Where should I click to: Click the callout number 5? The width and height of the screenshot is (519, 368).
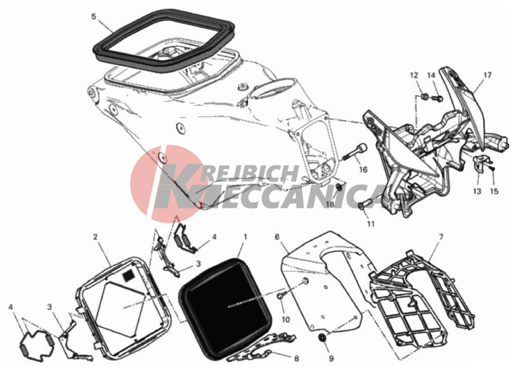pos(93,16)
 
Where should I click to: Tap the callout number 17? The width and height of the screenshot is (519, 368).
pos(488,75)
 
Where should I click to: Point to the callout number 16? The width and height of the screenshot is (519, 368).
pos(363,169)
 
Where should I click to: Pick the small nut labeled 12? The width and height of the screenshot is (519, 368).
pos(425,97)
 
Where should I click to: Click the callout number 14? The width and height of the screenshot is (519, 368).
pos(431,75)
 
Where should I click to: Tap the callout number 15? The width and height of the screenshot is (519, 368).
pos(494,191)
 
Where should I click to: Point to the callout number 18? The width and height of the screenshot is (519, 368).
pos(330,204)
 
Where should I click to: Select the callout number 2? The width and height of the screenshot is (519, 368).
pos(95,237)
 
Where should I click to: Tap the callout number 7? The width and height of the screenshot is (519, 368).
pos(441,237)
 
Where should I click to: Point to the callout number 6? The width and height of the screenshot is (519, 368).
pos(276,237)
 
